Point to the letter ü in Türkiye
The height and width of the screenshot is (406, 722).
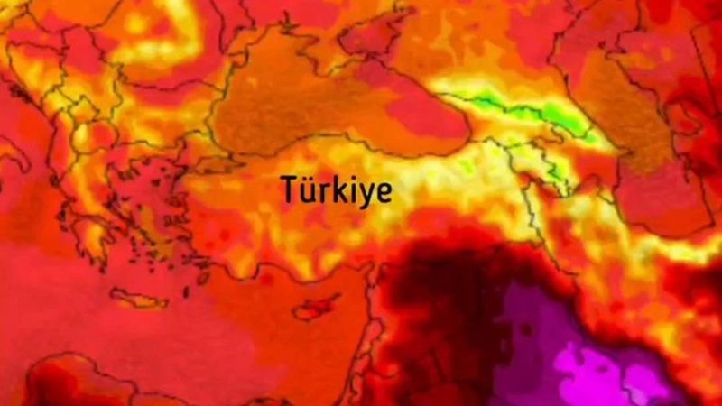click(308, 190)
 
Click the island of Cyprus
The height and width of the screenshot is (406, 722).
click(316, 308)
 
